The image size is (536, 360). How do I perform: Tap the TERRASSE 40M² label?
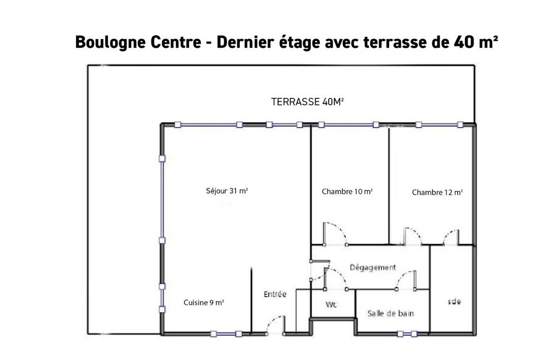click(x=307, y=102)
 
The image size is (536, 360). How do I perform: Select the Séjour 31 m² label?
click(x=227, y=191)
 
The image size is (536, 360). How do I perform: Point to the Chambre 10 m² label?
click(x=347, y=191)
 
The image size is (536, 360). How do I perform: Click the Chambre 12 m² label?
click(x=437, y=192)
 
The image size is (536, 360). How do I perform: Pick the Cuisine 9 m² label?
click(x=204, y=303)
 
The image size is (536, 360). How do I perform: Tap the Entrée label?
click(x=275, y=294)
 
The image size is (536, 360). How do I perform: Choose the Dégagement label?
click(x=372, y=268)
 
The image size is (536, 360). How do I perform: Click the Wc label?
click(x=331, y=305)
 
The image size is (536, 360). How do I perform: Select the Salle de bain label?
click(x=390, y=313)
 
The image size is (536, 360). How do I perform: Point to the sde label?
click(x=454, y=301)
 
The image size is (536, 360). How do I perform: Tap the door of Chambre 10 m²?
click(x=334, y=233)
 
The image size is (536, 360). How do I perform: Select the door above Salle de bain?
click(x=407, y=280)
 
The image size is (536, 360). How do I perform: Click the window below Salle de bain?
click(x=407, y=334)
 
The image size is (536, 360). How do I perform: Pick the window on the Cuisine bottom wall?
click(x=226, y=334)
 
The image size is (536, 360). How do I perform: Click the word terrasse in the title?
click(x=393, y=43)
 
